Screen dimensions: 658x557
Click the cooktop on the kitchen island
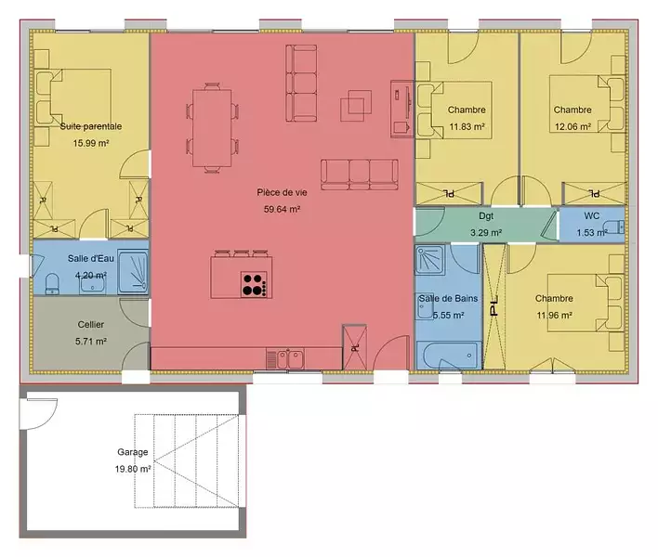pyautogui.click(x=254, y=285)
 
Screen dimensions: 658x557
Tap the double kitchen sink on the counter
pyautogui.click(x=290, y=359)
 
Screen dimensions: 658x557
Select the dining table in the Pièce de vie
pyautogui.click(x=212, y=128)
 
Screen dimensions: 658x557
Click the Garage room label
pyautogui.click(x=133, y=452)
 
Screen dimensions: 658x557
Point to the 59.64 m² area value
pyautogui.click(x=282, y=209)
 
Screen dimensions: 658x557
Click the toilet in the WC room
pyautogui.click(x=615, y=227)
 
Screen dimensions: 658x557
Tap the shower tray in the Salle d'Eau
pyautogui.click(x=133, y=272)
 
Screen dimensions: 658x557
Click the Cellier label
pyautogui.click(x=91, y=324)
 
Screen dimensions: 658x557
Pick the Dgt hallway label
pyautogui.click(x=486, y=216)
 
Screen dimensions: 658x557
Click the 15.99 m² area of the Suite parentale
pyautogui.click(x=91, y=143)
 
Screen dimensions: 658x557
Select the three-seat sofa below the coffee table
pyautogui.click(x=360, y=175)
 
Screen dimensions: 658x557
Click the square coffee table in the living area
pyautogui.click(x=356, y=106)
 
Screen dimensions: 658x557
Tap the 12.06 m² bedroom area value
pyautogui.click(x=572, y=126)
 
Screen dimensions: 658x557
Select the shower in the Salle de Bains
pyautogui.click(x=430, y=260)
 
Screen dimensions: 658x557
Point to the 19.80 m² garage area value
pyautogui.click(x=133, y=469)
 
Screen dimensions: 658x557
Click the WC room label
pyautogui.click(x=592, y=216)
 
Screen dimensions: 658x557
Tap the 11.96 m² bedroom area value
pyautogui.click(x=554, y=315)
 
